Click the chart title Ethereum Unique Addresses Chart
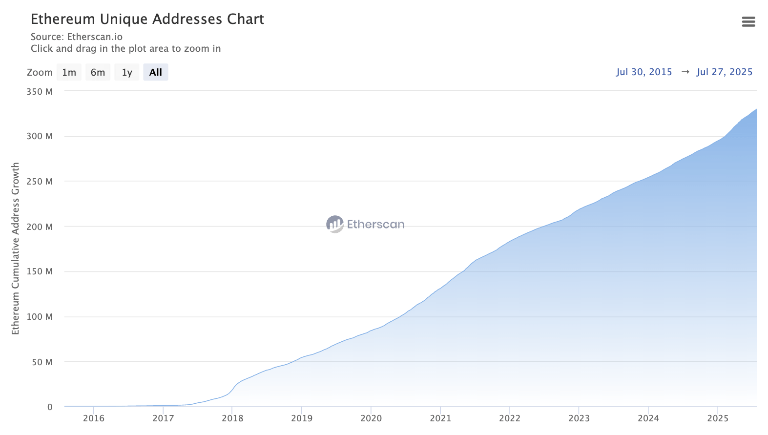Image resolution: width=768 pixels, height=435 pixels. [x=147, y=19]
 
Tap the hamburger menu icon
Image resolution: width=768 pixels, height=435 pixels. [x=748, y=21]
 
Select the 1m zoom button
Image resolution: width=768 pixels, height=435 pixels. [x=69, y=72]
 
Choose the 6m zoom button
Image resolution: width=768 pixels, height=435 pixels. [x=98, y=72]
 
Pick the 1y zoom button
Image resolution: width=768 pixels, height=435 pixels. [x=127, y=72]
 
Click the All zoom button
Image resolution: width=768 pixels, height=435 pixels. [x=156, y=72]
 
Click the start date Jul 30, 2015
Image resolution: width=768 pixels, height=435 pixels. [x=644, y=72]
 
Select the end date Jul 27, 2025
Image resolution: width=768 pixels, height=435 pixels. [x=725, y=72]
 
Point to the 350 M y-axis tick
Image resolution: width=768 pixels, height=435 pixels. [x=40, y=91]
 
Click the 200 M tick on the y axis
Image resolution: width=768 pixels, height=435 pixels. [x=40, y=227]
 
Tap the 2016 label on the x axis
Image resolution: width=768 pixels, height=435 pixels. [x=94, y=418]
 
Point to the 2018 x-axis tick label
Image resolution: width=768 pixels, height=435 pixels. [x=232, y=418]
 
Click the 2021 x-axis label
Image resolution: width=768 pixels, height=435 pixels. [x=440, y=418]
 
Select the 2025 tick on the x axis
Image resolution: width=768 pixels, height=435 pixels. [x=718, y=418]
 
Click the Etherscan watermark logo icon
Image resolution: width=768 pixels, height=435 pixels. [x=335, y=224]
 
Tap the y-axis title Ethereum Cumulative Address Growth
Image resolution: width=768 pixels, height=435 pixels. [x=16, y=249]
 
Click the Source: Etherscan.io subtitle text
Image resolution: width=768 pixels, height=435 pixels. [x=77, y=37]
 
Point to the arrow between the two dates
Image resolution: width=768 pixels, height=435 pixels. [x=685, y=72]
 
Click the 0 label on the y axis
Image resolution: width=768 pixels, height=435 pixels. [x=50, y=407]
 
